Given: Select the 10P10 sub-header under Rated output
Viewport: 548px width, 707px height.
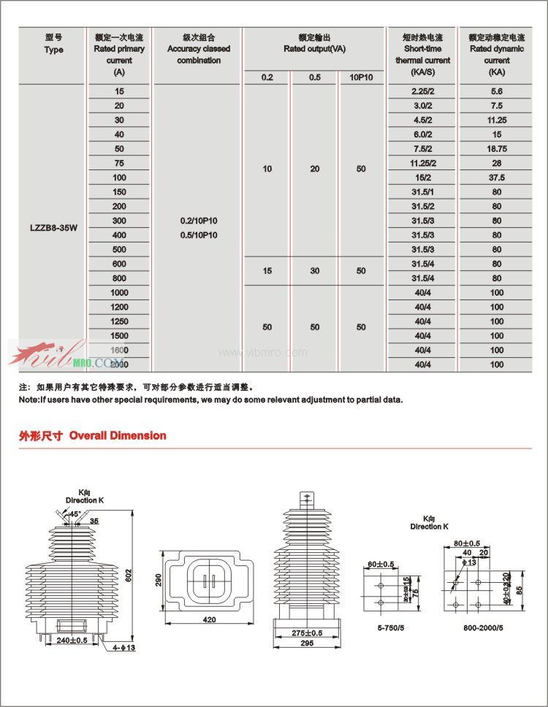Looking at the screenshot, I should (x=361, y=77).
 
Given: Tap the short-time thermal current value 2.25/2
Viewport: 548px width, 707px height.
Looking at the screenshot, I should (x=422, y=91).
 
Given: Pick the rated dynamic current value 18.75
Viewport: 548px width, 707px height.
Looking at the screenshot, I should (x=497, y=148).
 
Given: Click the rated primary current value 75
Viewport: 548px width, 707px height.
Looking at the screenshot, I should (x=120, y=163).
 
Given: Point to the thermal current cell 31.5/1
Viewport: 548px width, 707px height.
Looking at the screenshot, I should (x=422, y=191).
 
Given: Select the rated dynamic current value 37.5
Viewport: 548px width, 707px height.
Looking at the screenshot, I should (x=497, y=177).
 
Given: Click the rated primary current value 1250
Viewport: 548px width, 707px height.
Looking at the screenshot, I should (x=120, y=321).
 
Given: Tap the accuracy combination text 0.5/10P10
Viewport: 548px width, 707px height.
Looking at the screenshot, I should (x=198, y=235).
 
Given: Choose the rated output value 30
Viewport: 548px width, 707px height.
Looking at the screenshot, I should (x=315, y=271).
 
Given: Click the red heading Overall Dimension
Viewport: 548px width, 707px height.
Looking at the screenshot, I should (x=118, y=435).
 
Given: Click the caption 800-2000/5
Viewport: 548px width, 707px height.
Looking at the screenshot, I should (x=482, y=627).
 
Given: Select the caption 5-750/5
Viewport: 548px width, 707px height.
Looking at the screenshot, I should (x=385, y=627).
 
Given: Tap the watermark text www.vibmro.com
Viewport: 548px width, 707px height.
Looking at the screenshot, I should (x=263, y=353).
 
